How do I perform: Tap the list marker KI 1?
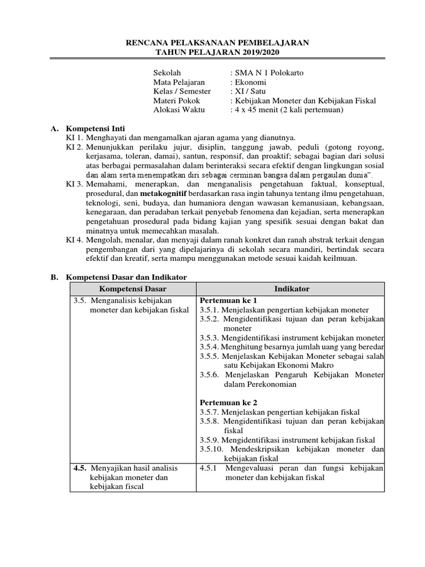click(x=74, y=138)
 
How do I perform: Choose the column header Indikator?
click(x=291, y=289)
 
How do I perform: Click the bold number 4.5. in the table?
click(x=81, y=468)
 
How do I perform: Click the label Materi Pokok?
click(x=177, y=101)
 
